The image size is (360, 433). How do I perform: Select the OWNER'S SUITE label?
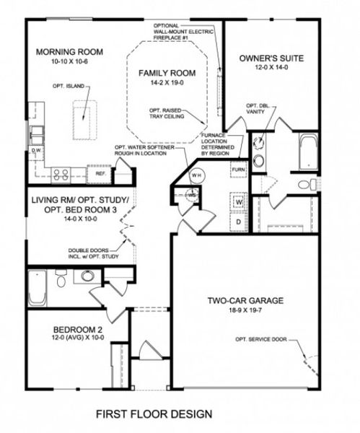[271, 58]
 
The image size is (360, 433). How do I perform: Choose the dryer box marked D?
[239, 221]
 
